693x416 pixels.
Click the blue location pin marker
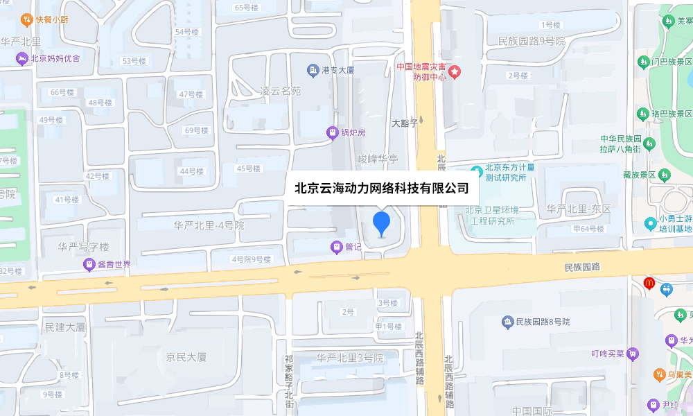(382, 224)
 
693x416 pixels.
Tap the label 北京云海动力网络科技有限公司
(382, 188)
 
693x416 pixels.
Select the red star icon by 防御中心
(455, 71)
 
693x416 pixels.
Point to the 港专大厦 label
(337, 70)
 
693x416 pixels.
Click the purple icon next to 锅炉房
(333, 132)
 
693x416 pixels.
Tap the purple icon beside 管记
(336, 245)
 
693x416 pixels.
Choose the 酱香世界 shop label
(113, 264)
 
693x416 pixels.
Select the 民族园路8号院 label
(543, 322)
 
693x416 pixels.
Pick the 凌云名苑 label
(281, 91)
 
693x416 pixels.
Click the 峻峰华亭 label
(378, 159)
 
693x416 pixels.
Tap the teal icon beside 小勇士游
(650, 223)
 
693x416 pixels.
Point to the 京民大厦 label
(186, 357)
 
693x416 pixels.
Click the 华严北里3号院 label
(350, 358)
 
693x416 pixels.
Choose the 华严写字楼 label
(83, 246)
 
